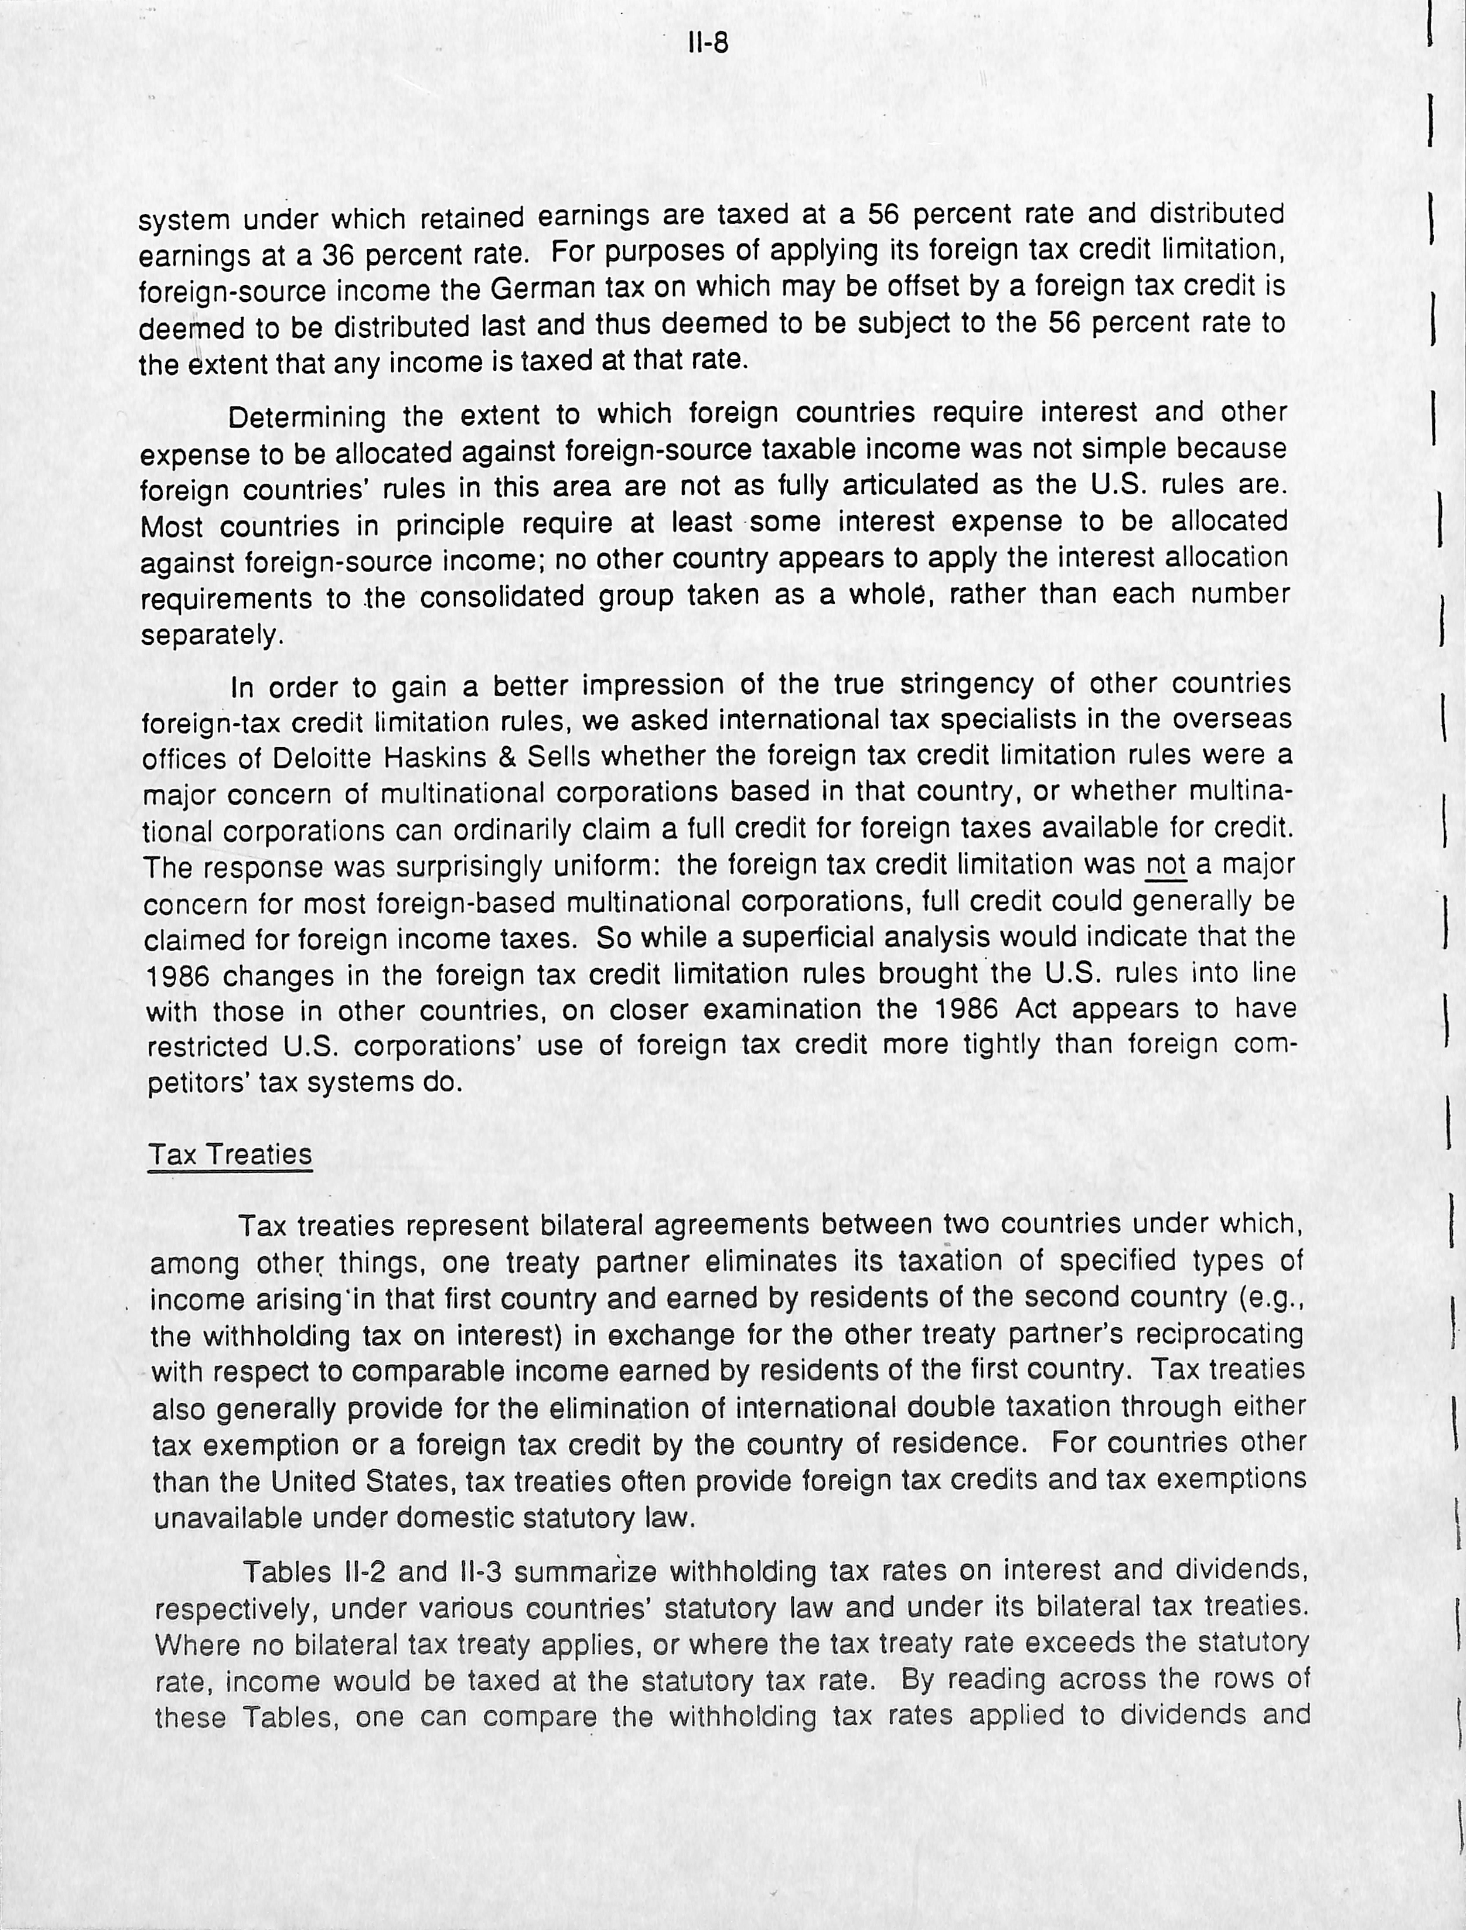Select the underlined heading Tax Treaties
pyautogui.click(x=229, y=1154)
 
